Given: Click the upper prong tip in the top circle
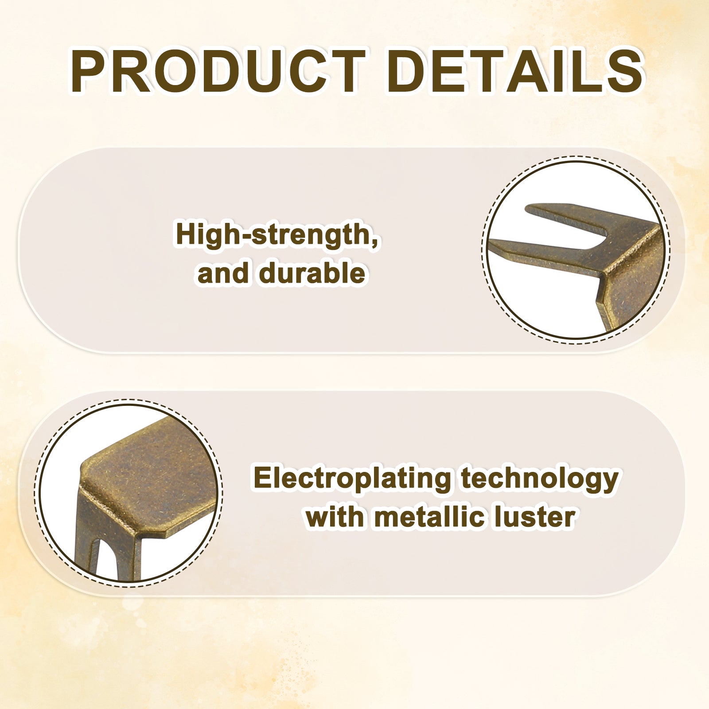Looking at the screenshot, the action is tap(527, 208).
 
